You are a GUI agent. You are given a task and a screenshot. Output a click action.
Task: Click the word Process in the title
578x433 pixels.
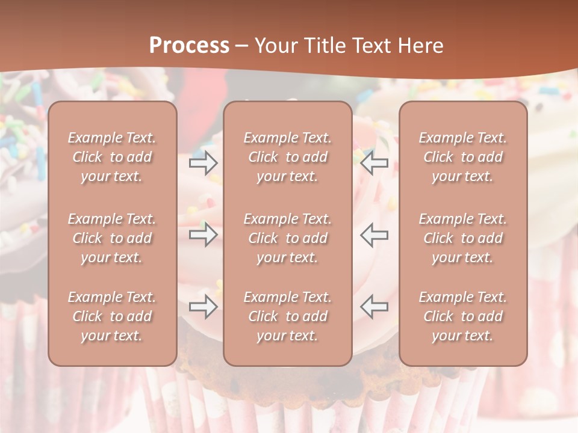pyautogui.click(x=189, y=46)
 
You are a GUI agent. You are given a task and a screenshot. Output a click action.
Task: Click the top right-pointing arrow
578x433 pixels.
pyautogui.click(x=203, y=162)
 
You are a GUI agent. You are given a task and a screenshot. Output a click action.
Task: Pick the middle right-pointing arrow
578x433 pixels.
pyautogui.click(x=203, y=235)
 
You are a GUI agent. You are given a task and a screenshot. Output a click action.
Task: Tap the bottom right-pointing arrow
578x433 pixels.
pyautogui.click(x=203, y=307)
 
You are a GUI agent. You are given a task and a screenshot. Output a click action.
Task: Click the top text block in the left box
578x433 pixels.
pyautogui.click(x=112, y=157)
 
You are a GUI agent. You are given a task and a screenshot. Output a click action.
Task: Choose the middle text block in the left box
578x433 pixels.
pyautogui.click(x=112, y=238)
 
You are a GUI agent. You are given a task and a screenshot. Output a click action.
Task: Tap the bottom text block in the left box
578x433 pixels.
pyautogui.click(x=112, y=316)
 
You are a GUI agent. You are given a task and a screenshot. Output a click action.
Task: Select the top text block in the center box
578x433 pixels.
pyautogui.click(x=287, y=157)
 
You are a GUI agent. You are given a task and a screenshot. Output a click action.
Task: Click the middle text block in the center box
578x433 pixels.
pyautogui.click(x=287, y=238)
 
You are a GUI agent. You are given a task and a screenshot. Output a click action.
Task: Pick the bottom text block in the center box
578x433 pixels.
pyautogui.click(x=287, y=316)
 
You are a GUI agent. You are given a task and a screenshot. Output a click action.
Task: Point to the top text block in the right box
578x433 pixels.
pyautogui.click(x=463, y=157)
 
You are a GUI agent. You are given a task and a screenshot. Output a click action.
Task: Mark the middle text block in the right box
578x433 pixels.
pyautogui.click(x=463, y=238)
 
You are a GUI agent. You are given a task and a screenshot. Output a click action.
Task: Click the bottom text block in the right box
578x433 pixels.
pyautogui.click(x=463, y=316)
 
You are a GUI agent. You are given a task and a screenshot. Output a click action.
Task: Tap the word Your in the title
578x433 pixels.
pyautogui.click(x=274, y=46)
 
